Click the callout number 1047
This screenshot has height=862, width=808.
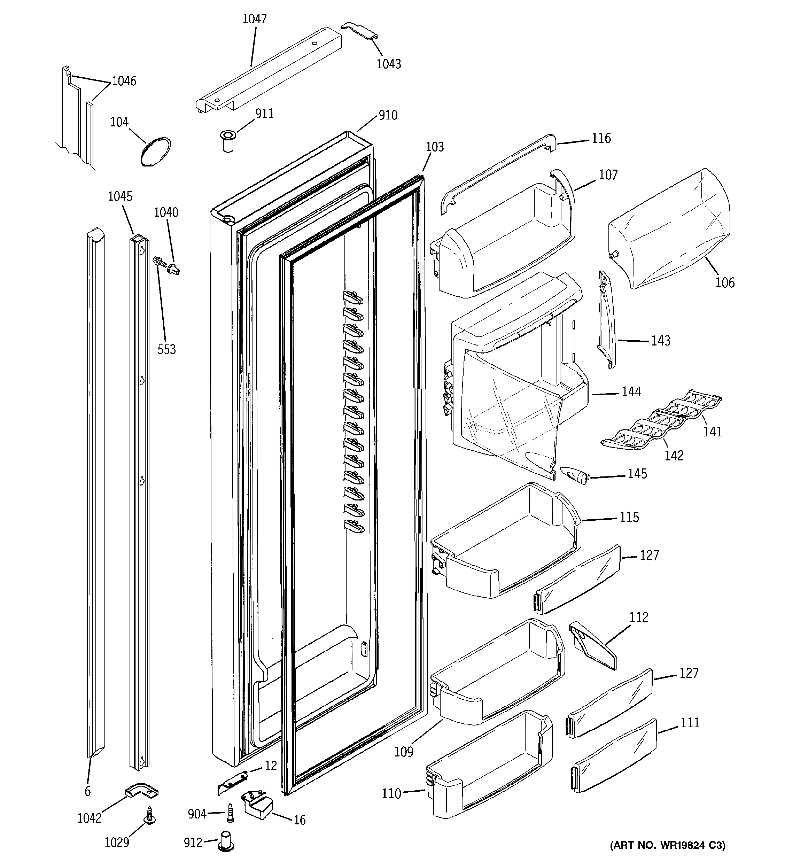(255, 19)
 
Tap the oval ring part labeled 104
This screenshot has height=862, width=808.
(156, 152)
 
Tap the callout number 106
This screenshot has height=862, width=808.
(725, 283)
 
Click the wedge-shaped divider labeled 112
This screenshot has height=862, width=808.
(592, 645)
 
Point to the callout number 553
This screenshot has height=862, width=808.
(166, 349)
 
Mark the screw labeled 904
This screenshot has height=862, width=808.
(230, 813)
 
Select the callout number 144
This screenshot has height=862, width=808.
(631, 392)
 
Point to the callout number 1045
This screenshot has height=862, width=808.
(120, 196)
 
